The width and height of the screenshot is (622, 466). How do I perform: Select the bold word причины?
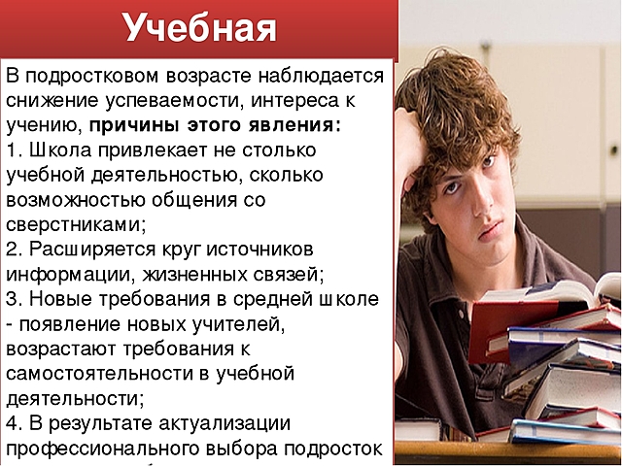click(x=139, y=125)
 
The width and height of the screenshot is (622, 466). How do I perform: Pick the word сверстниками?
click(x=75, y=224)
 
